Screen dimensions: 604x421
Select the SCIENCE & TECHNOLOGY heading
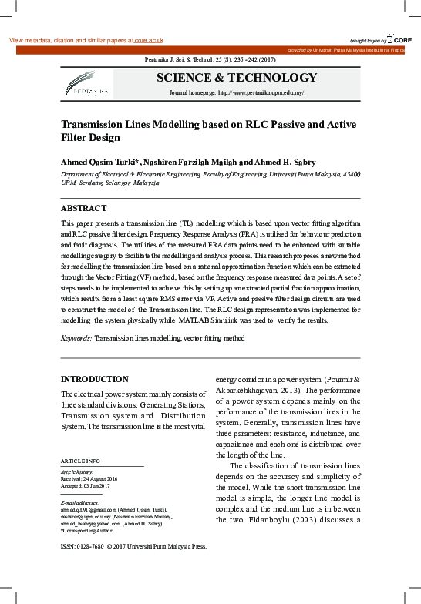click(x=237, y=78)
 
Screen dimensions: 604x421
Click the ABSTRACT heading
click(x=83, y=208)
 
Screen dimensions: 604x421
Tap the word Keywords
click(x=77, y=338)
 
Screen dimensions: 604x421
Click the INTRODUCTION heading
click(x=95, y=379)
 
